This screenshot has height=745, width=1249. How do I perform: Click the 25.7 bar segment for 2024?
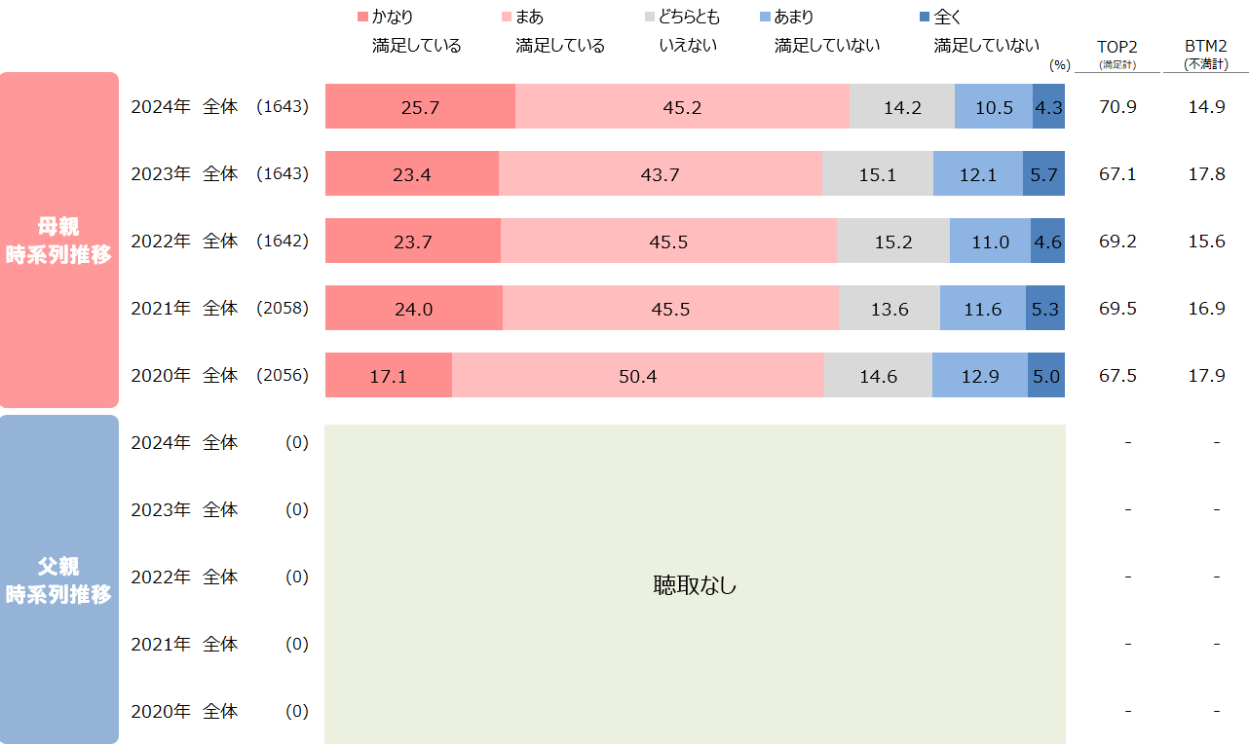420,107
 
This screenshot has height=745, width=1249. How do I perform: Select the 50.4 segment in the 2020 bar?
637,376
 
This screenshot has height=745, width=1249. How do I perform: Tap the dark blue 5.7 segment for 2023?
1043,174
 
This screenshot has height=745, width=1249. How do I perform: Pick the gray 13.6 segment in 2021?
889,309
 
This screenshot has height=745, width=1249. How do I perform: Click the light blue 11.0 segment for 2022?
990,242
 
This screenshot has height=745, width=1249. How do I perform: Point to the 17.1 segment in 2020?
388,376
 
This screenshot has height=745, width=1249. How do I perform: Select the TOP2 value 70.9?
1117,107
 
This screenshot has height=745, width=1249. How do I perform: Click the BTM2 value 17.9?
1206,376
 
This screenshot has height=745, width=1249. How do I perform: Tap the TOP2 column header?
1117,47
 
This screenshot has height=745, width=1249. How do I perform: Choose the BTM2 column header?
1206,47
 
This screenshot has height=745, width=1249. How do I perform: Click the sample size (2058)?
283,309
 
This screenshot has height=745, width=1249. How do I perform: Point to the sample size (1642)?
283,242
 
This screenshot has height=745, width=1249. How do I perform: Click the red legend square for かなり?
363,18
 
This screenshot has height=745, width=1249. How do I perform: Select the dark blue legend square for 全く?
926,18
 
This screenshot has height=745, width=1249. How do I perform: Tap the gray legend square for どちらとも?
650,18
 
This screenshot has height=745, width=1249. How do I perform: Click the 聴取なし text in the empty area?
695,585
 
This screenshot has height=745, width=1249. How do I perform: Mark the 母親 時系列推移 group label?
58,241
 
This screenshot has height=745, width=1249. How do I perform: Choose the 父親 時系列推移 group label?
58,580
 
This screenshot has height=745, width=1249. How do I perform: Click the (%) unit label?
1059,65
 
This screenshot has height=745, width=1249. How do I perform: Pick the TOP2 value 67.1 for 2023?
1117,174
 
